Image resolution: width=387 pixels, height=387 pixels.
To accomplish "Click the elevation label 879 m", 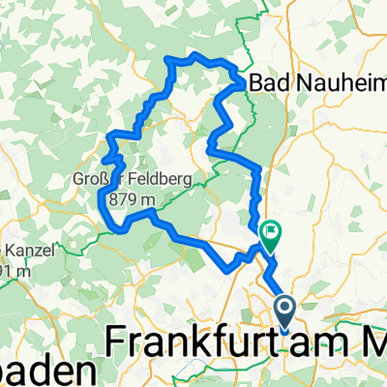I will pyautogui.click(x=132, y=198).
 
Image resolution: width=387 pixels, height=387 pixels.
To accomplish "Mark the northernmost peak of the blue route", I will pyautogui.click(x=196, y=54).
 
